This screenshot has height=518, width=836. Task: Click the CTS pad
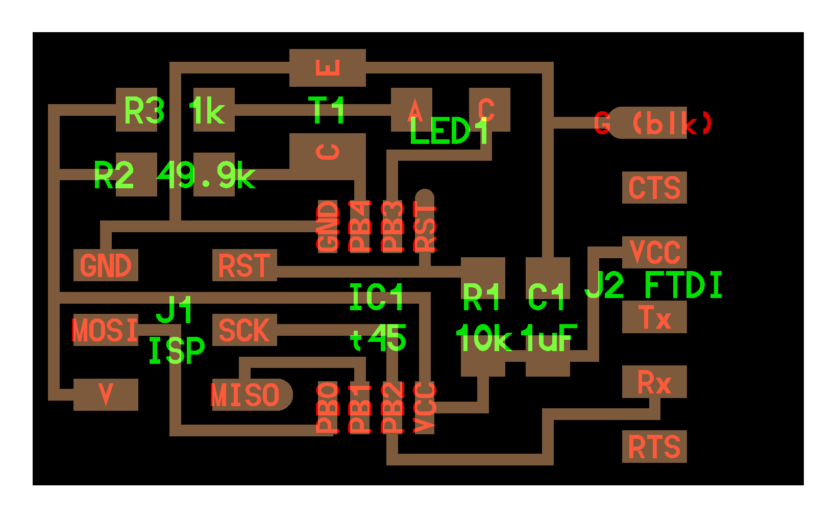(x=654, y=188)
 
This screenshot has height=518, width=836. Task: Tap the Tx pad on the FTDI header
(x=654, y=317)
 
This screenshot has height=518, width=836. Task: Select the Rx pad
(x=654, y=382)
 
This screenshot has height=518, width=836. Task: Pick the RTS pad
(x=654, y=447)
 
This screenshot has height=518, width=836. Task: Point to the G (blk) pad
(x=653, y=123)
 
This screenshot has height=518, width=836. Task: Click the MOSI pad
(x=105, y=330)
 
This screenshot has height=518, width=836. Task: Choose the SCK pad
(x=244, y=330)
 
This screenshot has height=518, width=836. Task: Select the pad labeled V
(x=106, y=394)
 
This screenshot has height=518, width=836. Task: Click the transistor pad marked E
(x=328, y=67)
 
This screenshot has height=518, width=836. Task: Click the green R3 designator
(x=144, y=110)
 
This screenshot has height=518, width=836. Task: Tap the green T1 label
(x=327, y=110)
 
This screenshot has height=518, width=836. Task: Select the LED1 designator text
(x=450, y=132)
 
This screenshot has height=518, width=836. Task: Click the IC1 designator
(x=377, y=297)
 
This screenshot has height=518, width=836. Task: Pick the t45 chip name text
(x=378, y=338)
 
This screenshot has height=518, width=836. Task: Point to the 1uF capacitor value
(x=549, y=338)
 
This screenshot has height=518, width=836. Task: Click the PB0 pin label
(x=328, y=407)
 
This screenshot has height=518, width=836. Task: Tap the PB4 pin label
(x=360, y=227)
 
